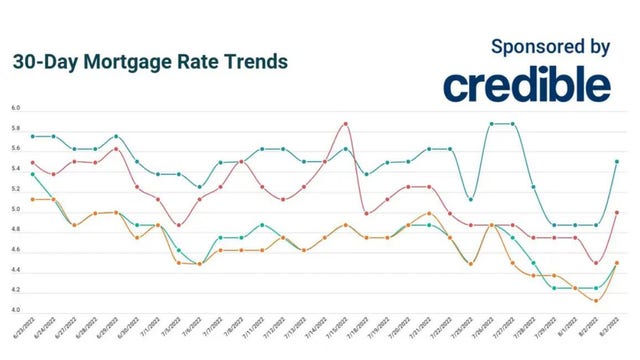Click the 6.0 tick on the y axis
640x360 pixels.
point(16,108)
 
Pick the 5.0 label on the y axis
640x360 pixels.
point(16,210)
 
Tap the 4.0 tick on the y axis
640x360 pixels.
point(16,311)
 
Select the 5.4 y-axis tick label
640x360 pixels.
point(16,169)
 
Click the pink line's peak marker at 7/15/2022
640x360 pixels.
point(345,124)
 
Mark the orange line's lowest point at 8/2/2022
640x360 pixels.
point(596,300)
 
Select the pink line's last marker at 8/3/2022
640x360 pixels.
point(617,212)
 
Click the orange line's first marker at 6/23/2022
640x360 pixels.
point(33,199)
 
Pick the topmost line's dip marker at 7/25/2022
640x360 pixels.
point(471,199)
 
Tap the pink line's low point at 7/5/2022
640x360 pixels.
point(178,225)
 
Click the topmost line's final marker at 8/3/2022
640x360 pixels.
point(617,161)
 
